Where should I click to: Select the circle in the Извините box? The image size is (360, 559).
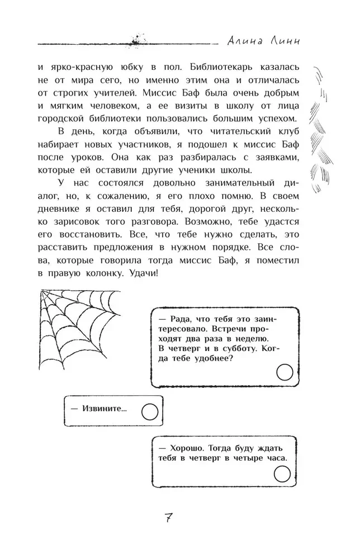pos(149,413)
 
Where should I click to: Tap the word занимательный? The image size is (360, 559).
pos(222,183)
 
